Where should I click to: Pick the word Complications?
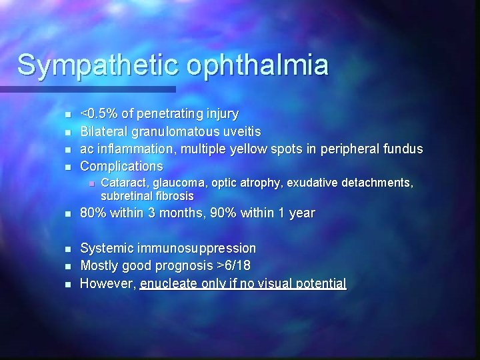[x=121, y=165]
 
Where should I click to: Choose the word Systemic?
[x=106, y=248]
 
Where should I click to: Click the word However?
[x=107, y=283]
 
